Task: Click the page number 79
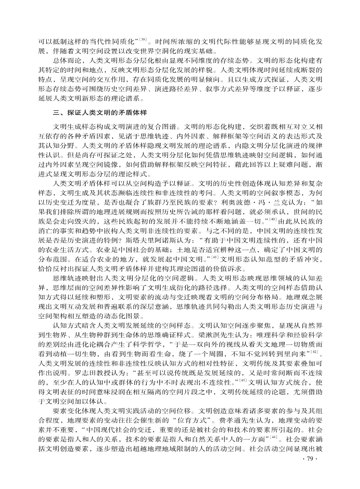(314, 467)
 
